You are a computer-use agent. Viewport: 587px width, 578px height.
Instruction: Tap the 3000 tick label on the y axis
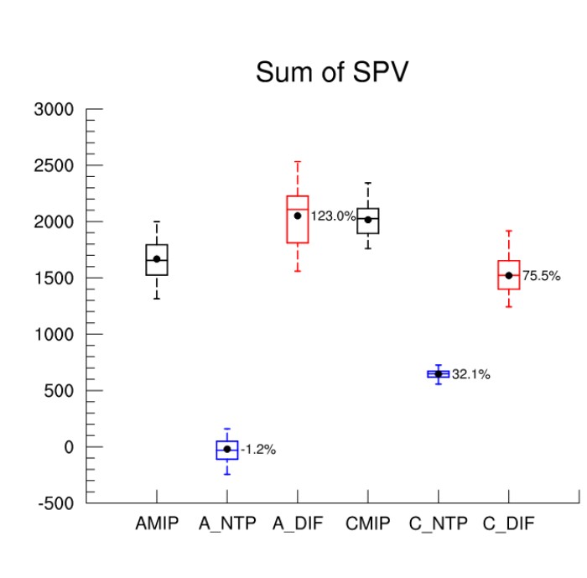(54, 110)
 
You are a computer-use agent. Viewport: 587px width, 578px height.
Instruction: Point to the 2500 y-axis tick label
(54, 166)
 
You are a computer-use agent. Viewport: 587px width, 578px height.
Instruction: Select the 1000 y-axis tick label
(54, 335)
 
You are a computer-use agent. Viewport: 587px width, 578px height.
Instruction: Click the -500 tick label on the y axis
(54, 503)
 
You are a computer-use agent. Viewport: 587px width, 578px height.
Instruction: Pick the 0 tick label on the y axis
(70, 447)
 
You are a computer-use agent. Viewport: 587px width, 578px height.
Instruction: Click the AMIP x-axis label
(157, 524)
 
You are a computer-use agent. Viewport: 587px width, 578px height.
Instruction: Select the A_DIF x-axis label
(298, 524)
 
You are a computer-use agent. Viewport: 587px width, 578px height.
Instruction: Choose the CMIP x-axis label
(368, 524)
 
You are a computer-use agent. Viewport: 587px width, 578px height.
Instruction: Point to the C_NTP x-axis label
(438, 524)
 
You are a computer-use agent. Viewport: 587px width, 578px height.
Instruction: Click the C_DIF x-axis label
(508, 524)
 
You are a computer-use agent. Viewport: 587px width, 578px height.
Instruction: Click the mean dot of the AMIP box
(157, 259)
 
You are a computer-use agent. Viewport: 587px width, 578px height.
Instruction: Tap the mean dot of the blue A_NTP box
(227, 450)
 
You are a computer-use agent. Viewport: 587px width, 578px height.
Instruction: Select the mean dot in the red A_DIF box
(298, 216)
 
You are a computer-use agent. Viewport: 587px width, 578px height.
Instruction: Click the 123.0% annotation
(334, 216)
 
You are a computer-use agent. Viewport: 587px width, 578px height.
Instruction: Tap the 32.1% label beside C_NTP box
(471, 375)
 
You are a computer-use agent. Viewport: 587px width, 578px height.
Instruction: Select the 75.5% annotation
(542, 276)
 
